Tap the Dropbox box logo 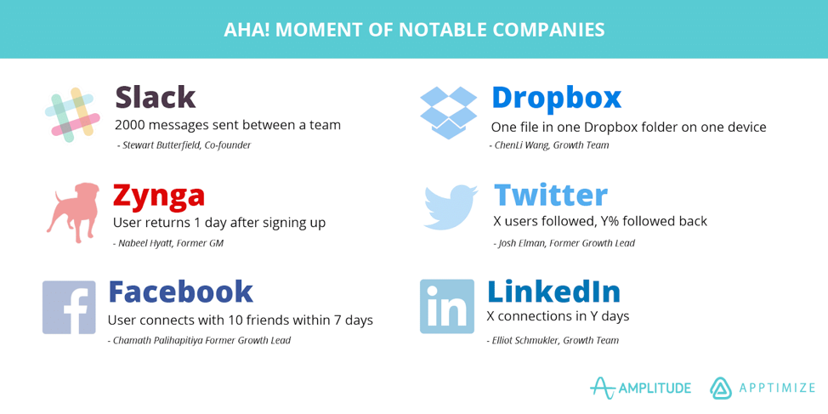click(x=448, y=112)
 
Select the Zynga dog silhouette click(x=73, y=212)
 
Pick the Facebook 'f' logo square click(x=69, y=307)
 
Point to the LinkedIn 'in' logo click(x=447, y=306)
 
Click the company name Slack click(x=156, y=97)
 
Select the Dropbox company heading click(x=556, y=97)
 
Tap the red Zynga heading click(x=159, y=195)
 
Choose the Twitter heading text click(x=550, y=195)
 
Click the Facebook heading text click(x=180, y=292)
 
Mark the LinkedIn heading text click(x=553, y=292)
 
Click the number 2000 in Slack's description click(x=133, y=125)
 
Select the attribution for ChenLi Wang click(x=549, y=145)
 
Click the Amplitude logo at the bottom click(x=640, y=388)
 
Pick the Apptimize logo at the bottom click(x=763, y=388)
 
